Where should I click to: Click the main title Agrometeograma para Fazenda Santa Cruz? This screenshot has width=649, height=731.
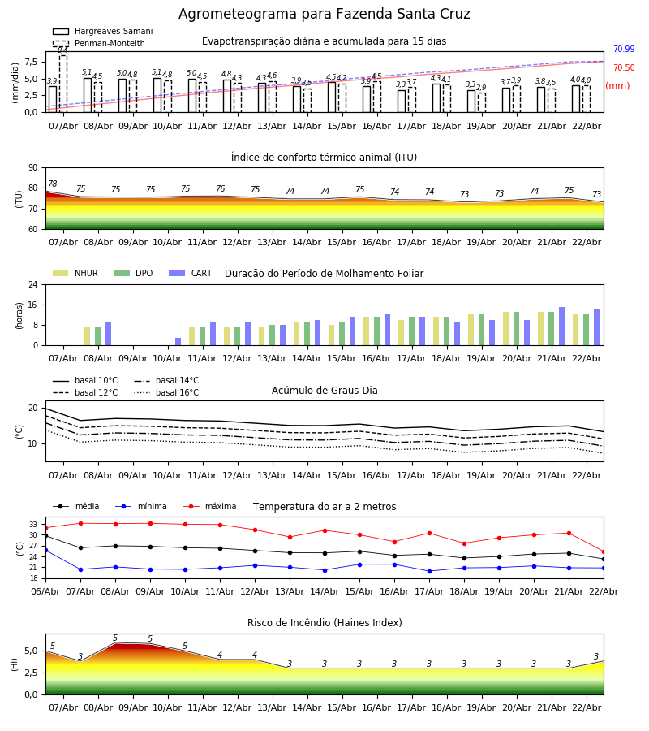[x=324, y=15]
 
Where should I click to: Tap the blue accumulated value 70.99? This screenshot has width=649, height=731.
[x=624, y=50]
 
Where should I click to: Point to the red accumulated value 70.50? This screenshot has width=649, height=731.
[x=624, y=68]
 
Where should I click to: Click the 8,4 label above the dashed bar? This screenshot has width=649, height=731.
[x=62, y=50]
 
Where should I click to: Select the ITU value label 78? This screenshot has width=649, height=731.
[x=53, y=184]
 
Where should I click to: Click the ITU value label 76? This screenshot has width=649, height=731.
[x=220, y=189]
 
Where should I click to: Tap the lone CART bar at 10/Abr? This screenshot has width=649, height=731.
[x=178, y=341]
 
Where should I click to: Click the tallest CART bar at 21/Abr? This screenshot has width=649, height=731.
[x=561, y=327]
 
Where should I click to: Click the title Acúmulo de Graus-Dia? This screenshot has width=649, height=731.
[x=324, y=391]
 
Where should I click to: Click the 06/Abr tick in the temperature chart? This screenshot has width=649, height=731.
[x=45, y=590]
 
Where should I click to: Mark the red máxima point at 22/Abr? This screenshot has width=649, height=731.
[x=603, y=551]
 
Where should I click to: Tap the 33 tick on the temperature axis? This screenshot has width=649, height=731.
[x=33, y=525]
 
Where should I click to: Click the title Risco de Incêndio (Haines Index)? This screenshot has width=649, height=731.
[x=324, y=623]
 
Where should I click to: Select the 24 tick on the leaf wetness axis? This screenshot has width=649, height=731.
[x=32, y=285]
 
